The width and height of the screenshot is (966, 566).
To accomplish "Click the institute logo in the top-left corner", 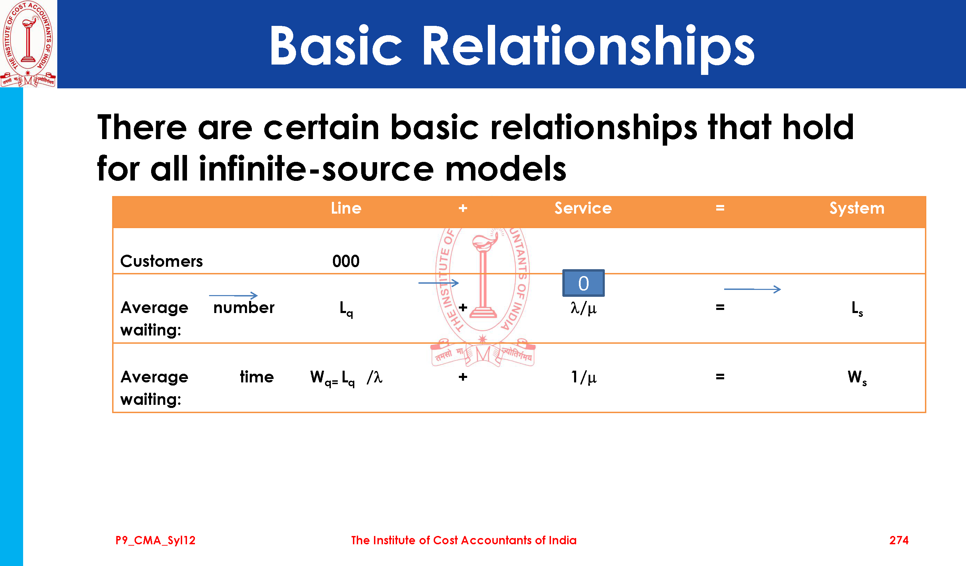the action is [x=28, y=44].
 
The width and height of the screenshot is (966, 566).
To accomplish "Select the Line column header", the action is [x=346, y=208].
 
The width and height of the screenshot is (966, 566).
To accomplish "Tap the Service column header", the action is [x=583, y=208].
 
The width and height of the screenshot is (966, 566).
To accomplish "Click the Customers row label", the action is [x=161, y=261].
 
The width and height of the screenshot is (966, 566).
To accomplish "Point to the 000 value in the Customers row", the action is [x=346, y=261].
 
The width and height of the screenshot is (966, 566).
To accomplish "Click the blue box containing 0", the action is [x=583, y=283].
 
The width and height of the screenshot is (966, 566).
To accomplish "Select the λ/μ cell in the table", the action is [x=583, y=308].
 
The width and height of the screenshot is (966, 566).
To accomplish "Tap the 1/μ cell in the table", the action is [x=583, y=377].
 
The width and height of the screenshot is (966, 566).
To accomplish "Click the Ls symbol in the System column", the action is [x=857, y=309].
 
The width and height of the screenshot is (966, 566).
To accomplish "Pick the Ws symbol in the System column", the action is [x=857, y=378].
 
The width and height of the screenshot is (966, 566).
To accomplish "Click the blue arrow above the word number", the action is [x=233, y=296].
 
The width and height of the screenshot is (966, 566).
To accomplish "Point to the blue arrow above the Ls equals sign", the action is [x=752, y=289].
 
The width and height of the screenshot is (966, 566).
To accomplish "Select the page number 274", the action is [x=898, y=540].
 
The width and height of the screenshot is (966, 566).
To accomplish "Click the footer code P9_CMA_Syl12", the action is [x=155, y=541].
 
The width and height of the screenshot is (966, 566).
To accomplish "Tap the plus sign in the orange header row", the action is [x=463, y=208].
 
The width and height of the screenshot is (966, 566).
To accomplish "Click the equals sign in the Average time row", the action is [x=720, y=377].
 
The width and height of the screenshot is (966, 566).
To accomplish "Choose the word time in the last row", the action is [x=257, y=377].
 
